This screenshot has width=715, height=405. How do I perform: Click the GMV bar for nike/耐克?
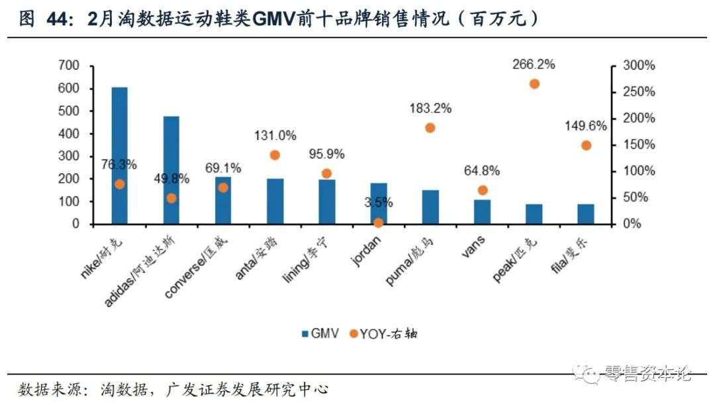coord(119,156)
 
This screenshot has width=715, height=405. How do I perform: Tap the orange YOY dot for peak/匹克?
coord(534,84)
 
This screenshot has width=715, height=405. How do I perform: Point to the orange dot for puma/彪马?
coord(430,128)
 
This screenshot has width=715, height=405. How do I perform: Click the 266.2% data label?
coord(534,64)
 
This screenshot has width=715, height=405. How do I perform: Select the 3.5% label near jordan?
coord(379,202)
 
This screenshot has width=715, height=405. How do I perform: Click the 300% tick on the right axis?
coord(639,66)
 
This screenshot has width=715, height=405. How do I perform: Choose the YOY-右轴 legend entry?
coord(383,334)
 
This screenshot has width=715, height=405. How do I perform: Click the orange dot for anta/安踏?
coord(275,155)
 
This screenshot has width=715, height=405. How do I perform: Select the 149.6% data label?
coord(586,126)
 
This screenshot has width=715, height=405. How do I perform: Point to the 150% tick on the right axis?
coord(639,145)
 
